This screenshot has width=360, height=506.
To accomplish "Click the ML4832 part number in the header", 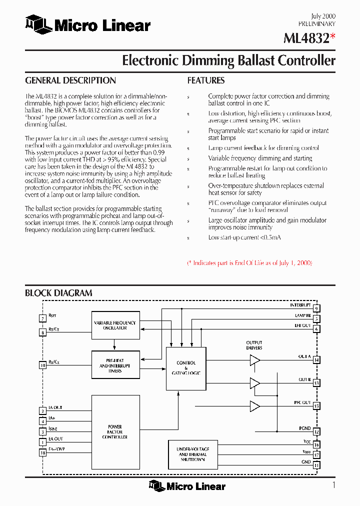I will click(x=305, y=38).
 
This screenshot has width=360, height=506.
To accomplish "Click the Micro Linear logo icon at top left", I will click(x=38, y=25).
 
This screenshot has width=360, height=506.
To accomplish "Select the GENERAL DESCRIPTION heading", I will click(x=70, y=80).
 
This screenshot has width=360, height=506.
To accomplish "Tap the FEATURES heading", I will click(x=205, y=80).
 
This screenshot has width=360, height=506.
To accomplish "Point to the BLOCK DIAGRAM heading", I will click(x=58, y=293).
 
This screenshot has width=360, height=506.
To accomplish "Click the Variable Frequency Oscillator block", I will click(x=114, y=325).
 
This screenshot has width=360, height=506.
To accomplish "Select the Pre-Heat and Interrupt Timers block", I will click(x=114, y=365).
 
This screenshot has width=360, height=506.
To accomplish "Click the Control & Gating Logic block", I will click(x=186, y=368).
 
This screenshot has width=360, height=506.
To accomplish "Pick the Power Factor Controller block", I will click(x=114, y=432).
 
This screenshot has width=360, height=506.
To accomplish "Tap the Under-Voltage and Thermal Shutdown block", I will click(x=193, y=454).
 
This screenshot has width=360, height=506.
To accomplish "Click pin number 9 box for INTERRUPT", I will click(x=316, y=308).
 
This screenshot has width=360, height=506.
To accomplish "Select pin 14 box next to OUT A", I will click(x=316, y=359).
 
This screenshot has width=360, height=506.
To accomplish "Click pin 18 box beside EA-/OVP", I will click(x=43, y=452).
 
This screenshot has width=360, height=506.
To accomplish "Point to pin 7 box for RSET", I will click(x=43, y=318).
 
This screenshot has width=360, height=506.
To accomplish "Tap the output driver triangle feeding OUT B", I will click(x=255, y=383).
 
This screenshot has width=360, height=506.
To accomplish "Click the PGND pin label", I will click(x=304, y=428).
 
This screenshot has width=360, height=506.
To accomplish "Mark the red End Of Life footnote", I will click(x=249, y=262).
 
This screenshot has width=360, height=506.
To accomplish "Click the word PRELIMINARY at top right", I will click(x=317, y=23).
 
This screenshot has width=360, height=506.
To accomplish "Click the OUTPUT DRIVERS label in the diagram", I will click(x=254, y=345).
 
